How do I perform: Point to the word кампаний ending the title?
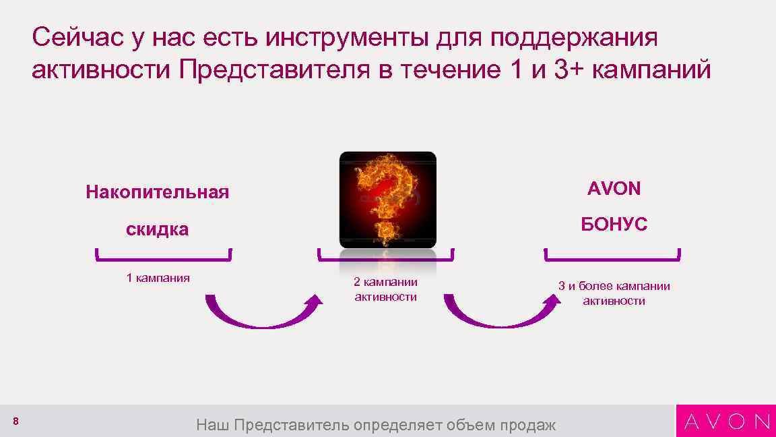[x=651, y=69]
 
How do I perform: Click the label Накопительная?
[x=158, y=192]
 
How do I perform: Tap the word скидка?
[x=158, y=229]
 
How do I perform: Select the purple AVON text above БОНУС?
[x=614, y=189]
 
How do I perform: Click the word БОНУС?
[x=614, y=225]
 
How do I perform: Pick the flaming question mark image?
[x=387, y=200]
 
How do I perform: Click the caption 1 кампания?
[x=158, y=278]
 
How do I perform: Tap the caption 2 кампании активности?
[x=386, y=289]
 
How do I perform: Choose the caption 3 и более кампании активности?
[x=614, y=293]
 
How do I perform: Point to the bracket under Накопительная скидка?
[x=164, y=258]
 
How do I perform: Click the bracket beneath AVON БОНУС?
[x=612, y=258]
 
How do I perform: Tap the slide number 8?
[x=15, y=421]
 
